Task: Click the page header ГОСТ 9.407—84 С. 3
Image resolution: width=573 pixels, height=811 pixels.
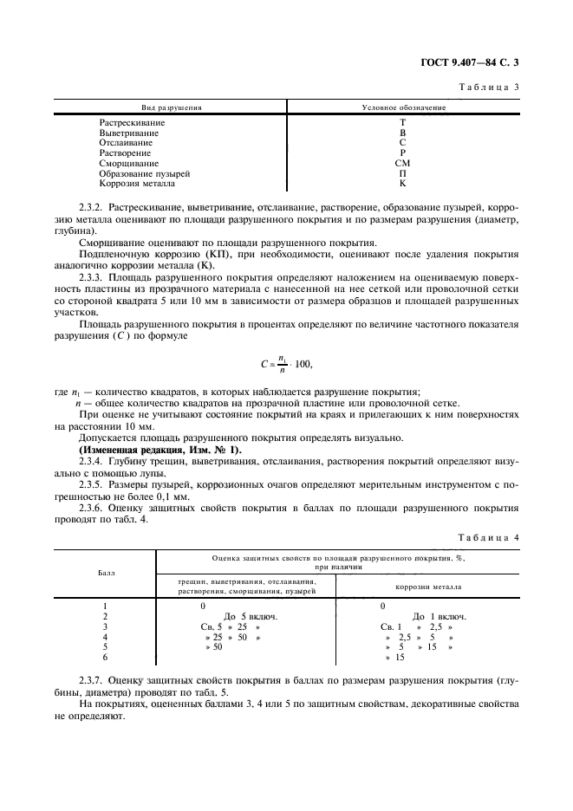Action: pos(475,62)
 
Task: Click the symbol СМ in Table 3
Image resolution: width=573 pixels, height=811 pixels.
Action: pos(402,163)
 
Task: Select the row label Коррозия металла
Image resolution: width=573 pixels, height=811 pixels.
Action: pos(137,184)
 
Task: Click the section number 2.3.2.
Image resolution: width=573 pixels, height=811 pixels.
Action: pos(92,210)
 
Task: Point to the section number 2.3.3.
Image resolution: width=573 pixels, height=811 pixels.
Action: pos(92,276)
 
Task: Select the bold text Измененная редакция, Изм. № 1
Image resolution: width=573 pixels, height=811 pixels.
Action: pos(160,449)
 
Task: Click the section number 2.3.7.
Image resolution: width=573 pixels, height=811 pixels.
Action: pos(92,684)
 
